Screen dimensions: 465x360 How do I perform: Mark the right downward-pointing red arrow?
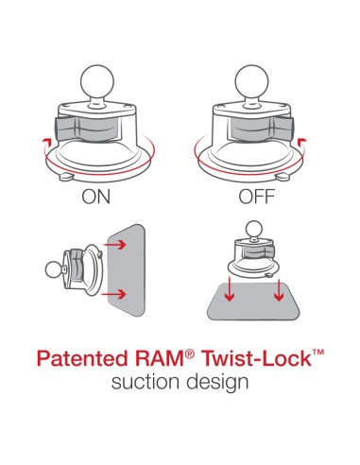tap(279, 295)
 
